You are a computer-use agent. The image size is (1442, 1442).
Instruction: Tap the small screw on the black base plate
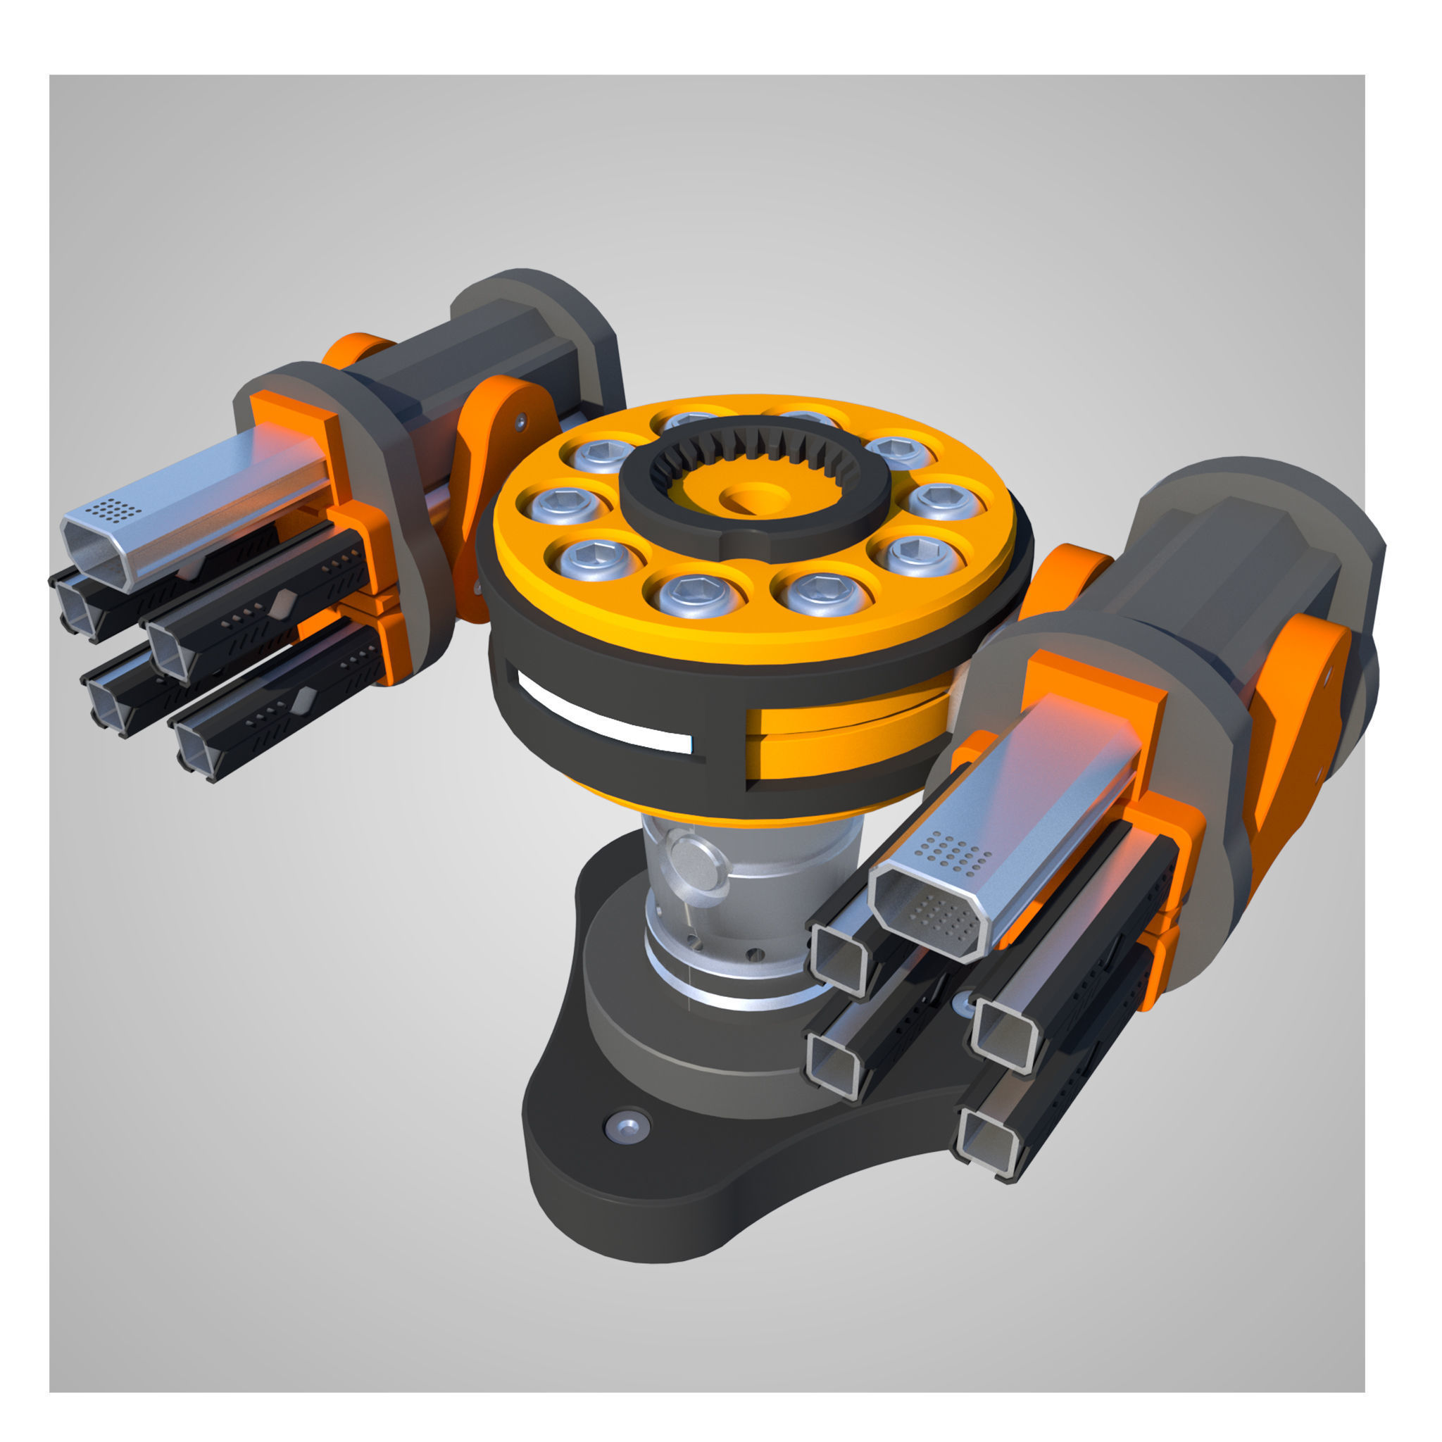pos(626,1127)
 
